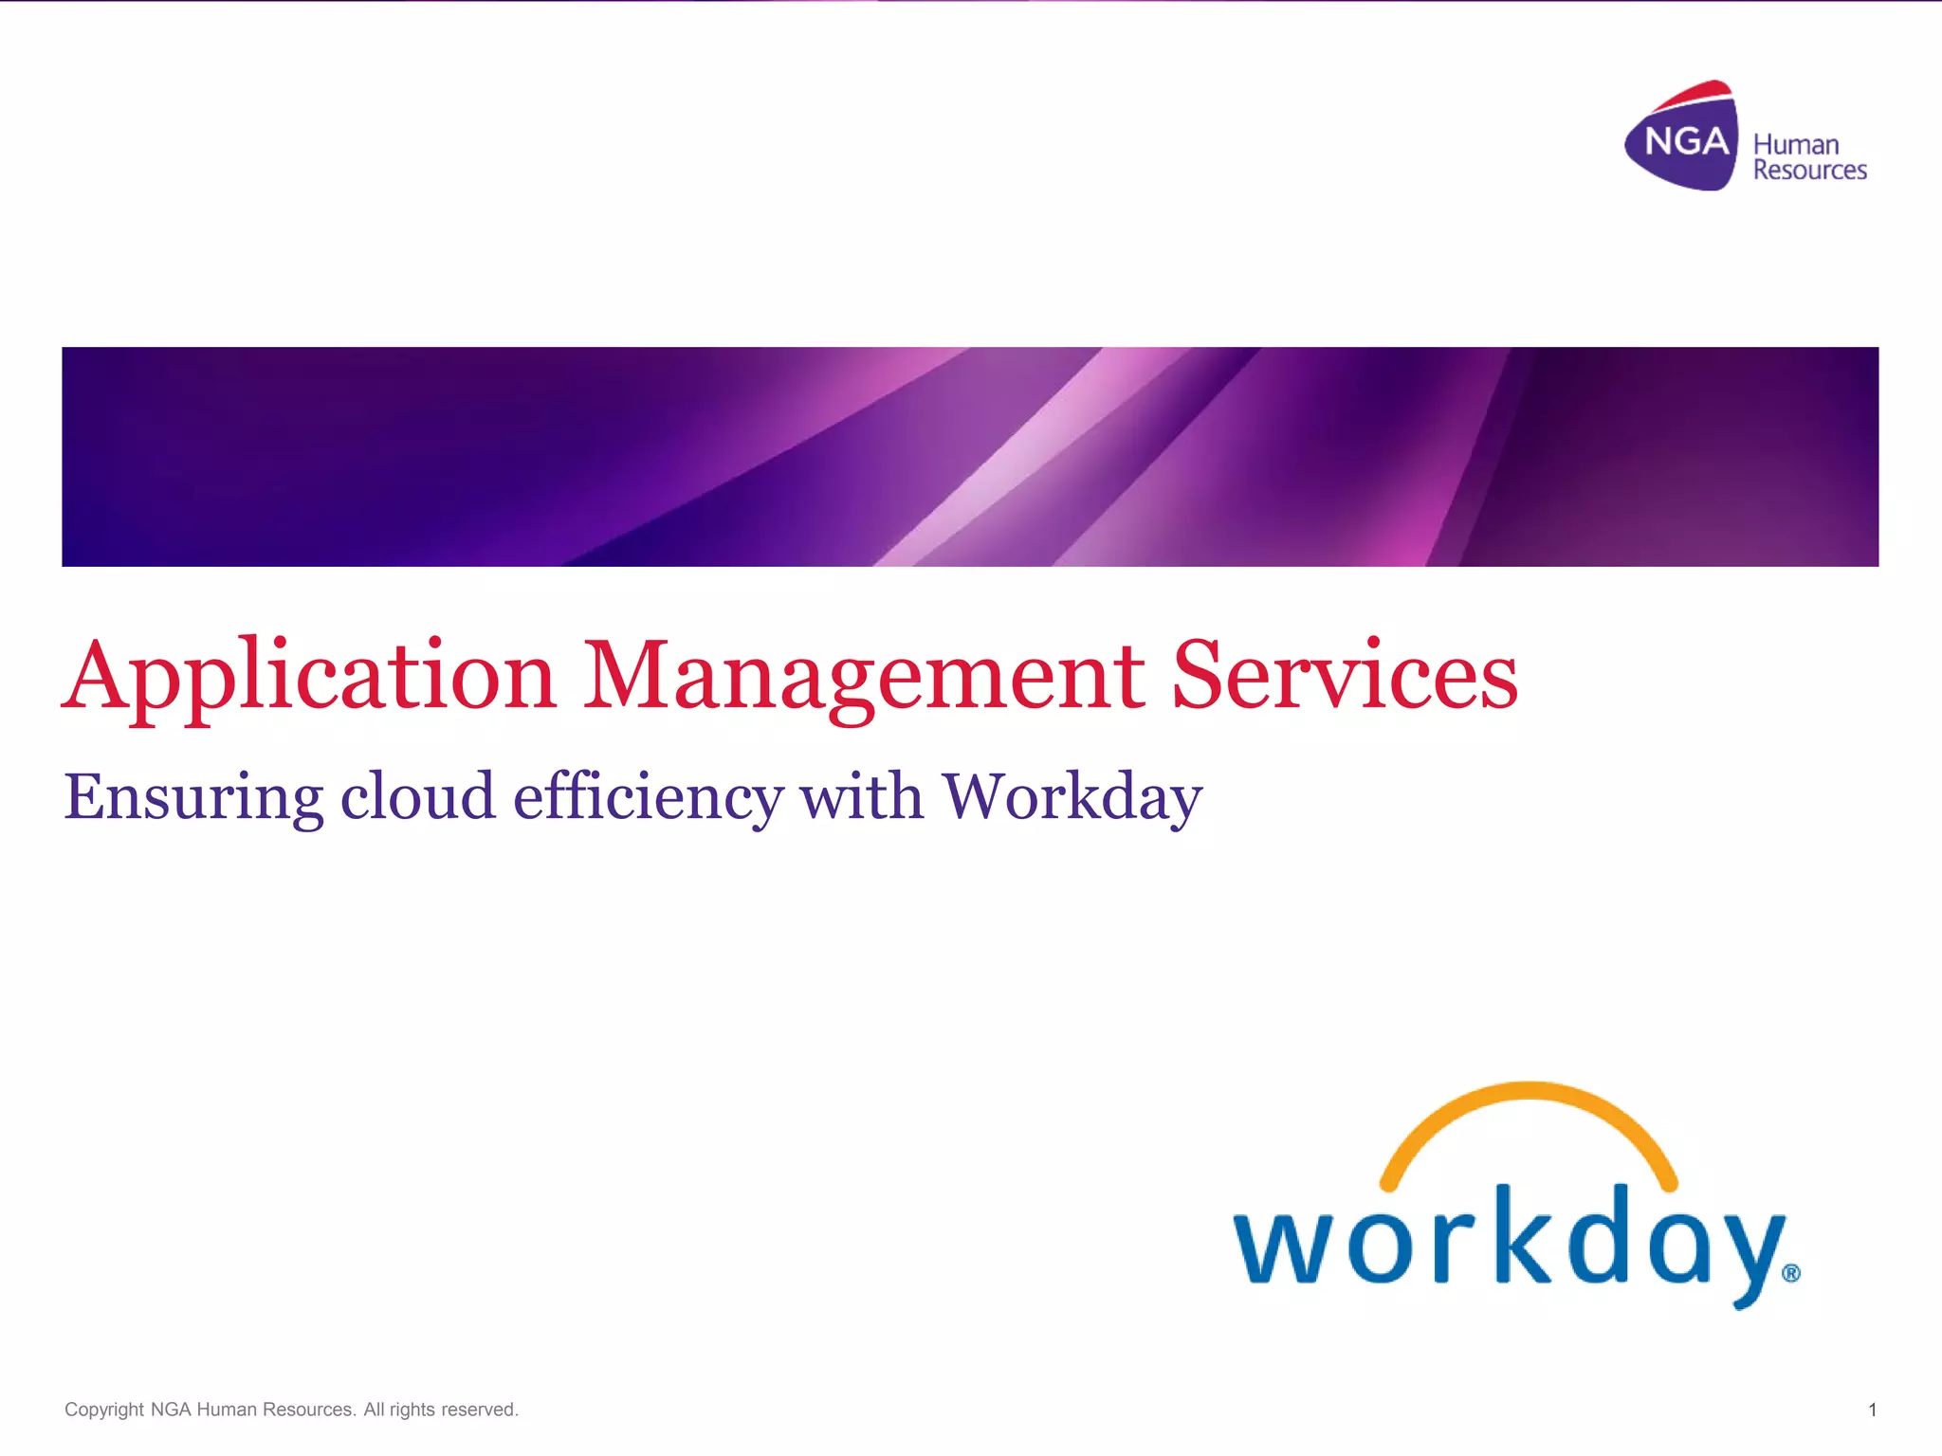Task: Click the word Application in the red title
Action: click(x=309, y=677)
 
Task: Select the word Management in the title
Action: click(x=863, y=677)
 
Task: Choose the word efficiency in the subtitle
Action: click(x=648, y=797)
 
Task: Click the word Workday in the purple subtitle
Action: click(x=1072, y=797)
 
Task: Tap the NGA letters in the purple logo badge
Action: click(x=1686, y=142)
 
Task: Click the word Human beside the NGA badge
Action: click(x=1796, y=145)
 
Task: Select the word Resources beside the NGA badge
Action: click(x=1809, y=171)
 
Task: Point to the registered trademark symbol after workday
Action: click(x=1790, y=1273)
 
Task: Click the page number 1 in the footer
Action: click(x=1872, y=1410)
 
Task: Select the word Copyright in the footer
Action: click(x=104, y=1410)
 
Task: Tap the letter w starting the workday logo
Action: click(x=1282, y=1247)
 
